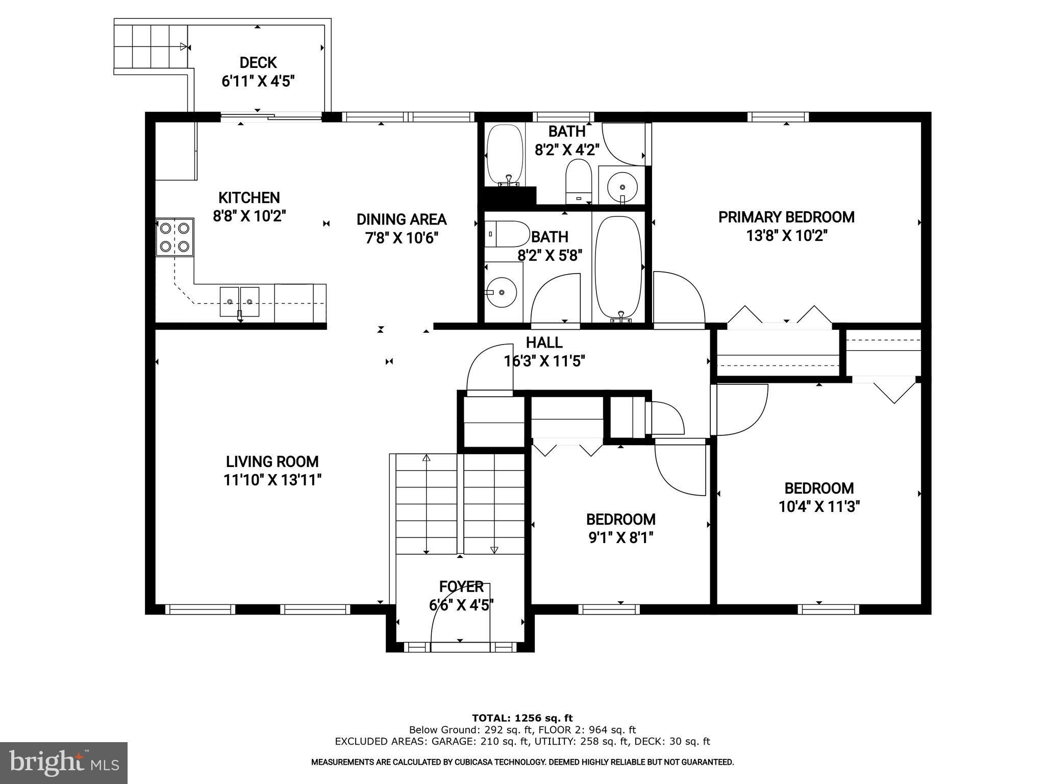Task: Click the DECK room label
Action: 258,63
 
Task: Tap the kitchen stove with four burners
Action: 175,237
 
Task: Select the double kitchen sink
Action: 239,302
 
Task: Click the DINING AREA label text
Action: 402,219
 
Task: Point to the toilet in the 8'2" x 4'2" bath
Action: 578,181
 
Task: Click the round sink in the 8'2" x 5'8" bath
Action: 502,292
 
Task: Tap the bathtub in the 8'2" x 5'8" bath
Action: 618,267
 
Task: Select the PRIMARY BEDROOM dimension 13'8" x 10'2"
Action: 786,236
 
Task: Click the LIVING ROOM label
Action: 272,461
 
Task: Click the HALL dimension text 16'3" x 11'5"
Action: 544,361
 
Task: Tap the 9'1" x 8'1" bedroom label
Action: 620,519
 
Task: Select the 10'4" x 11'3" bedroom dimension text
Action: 819,507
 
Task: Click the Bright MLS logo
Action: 64,763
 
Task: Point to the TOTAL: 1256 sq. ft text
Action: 522,718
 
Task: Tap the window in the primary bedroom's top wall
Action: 778,117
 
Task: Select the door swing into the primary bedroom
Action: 679,299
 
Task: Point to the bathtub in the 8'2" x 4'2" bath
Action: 505,155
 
